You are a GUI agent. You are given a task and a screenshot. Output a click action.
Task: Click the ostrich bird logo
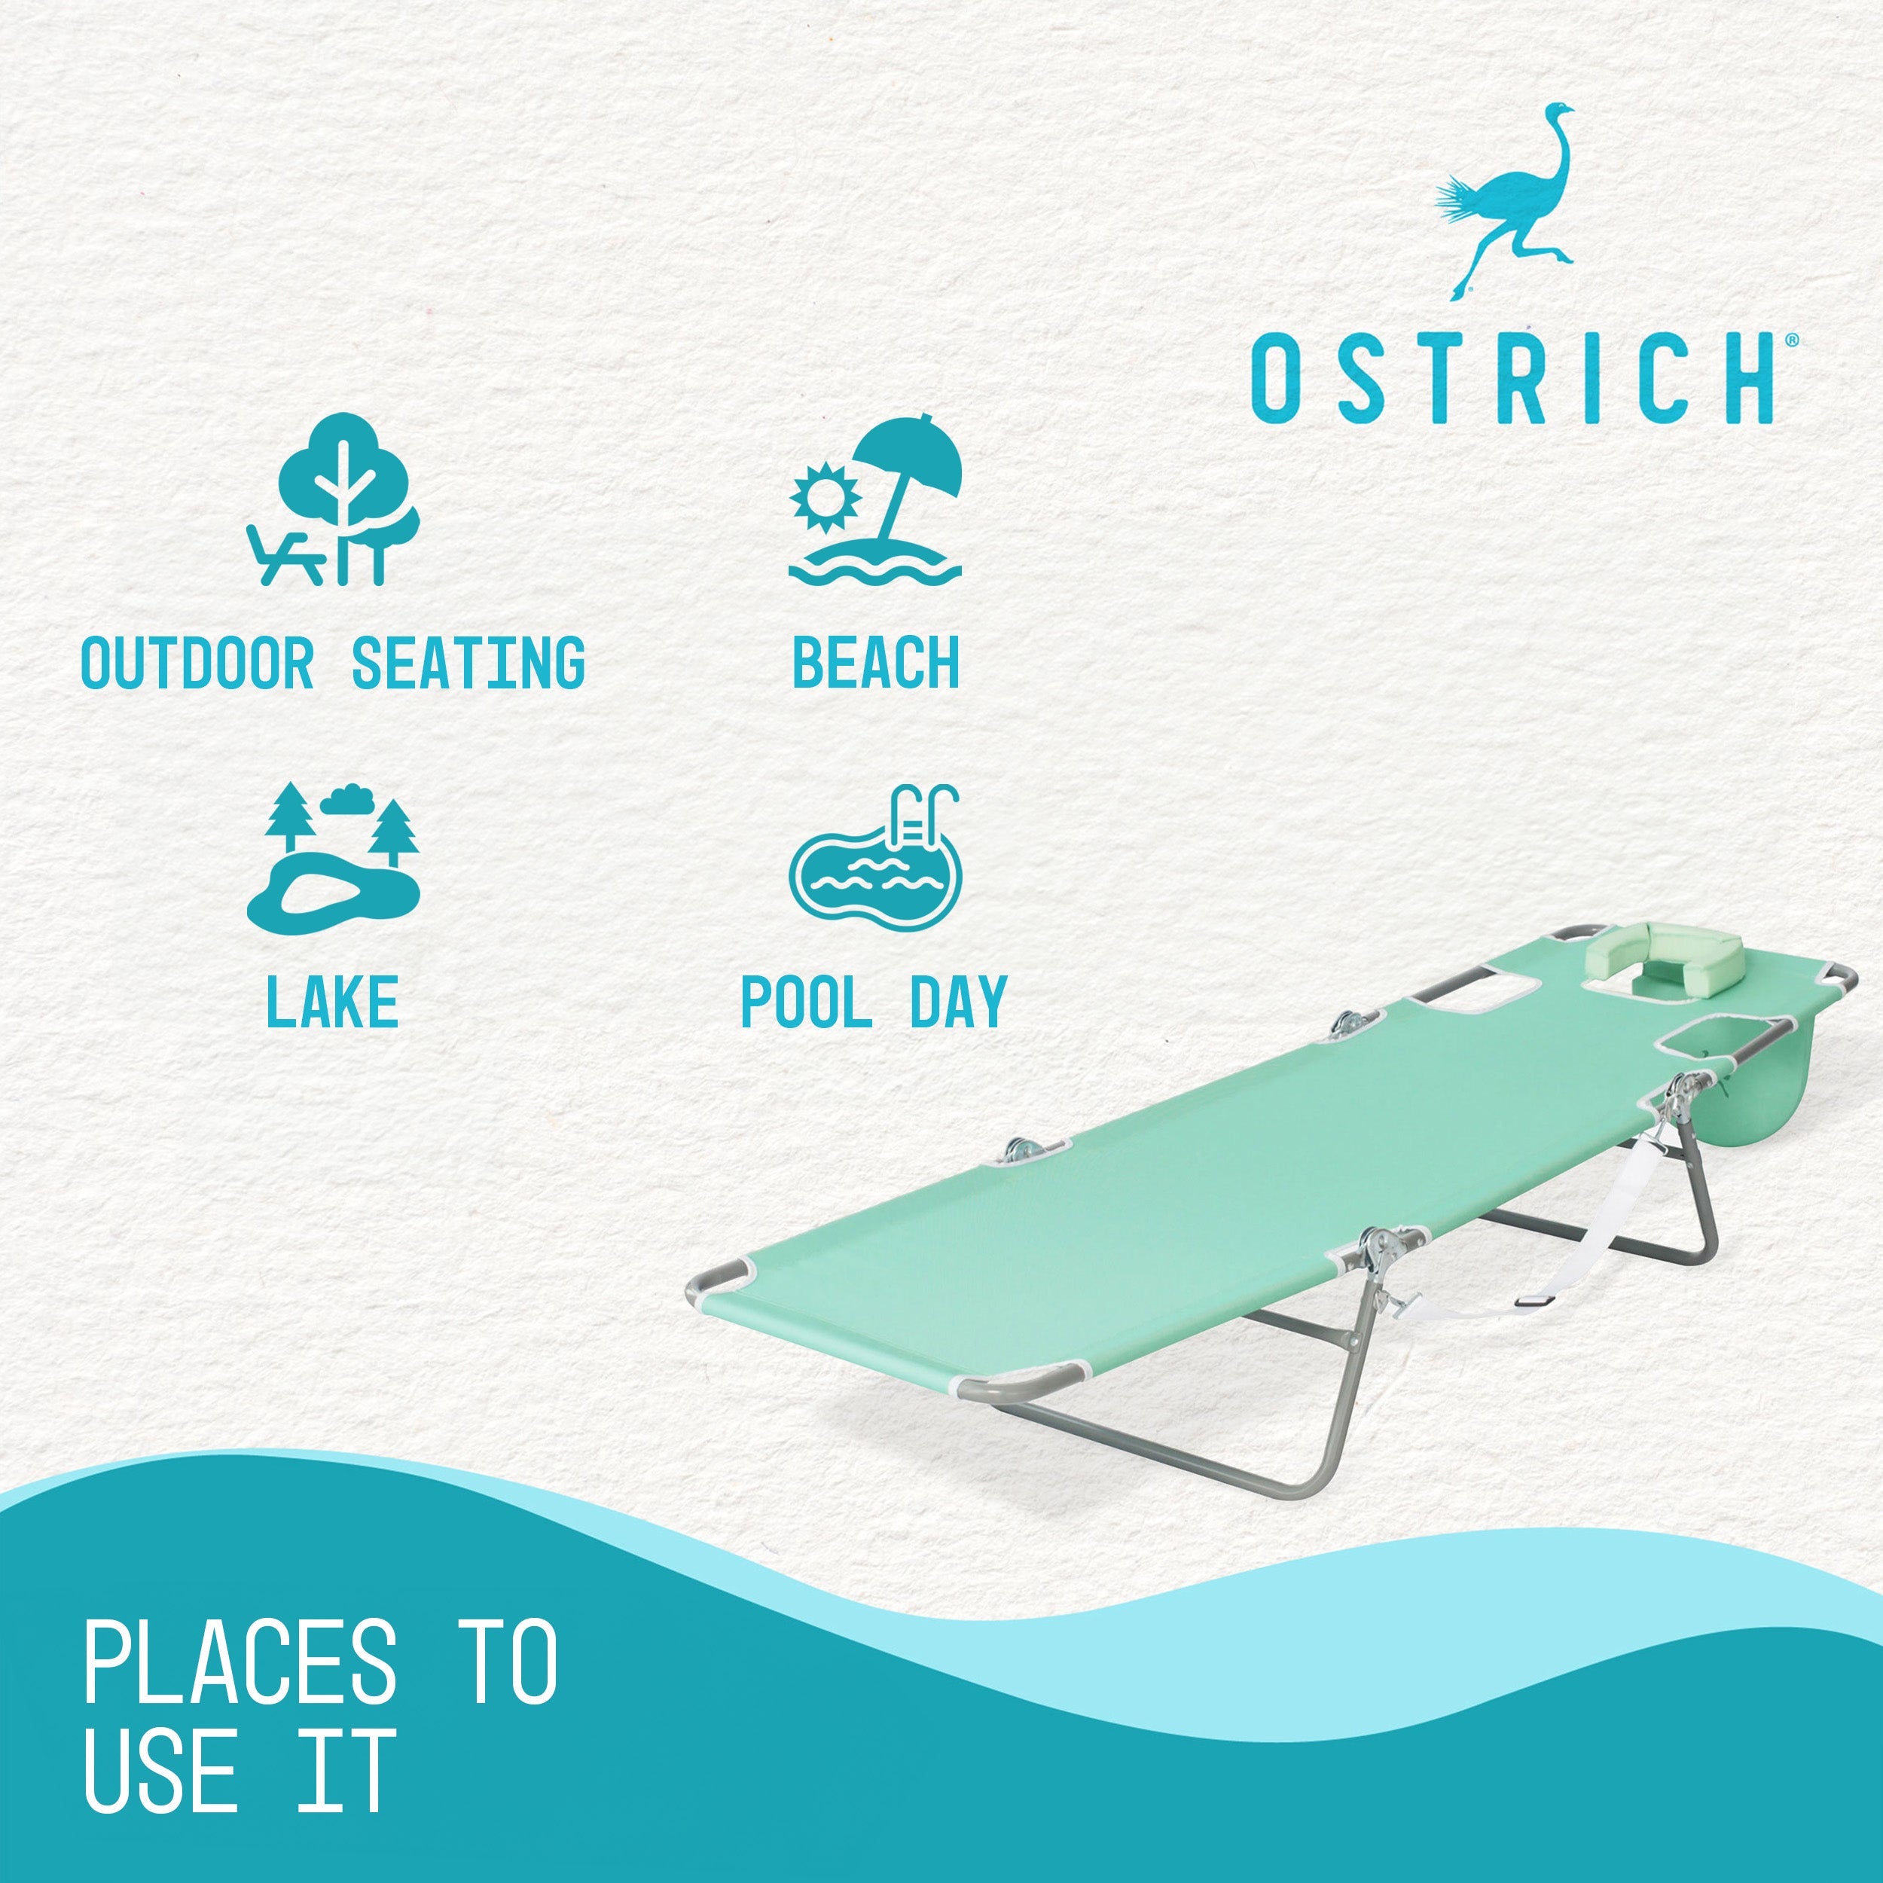pyautogui.click(x=1506, y=200)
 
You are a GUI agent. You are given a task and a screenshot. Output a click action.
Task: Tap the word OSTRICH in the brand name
pyautogui.click(x=1512, y=377)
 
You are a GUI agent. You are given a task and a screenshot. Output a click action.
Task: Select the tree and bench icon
pyautogui.click(x=334, y=499)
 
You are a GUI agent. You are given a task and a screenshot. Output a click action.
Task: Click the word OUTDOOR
pyautogui.click(x=197, y=663)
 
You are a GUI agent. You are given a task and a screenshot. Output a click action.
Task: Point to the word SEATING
pyautogui.click(x=468, y=663)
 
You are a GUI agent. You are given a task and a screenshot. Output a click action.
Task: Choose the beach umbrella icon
pyautogui.click(x=875, y=499)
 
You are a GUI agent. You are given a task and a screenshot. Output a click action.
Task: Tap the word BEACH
pyautogui.click(x=875, y=663)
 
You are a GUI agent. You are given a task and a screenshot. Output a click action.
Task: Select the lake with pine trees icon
pyautogui.click(x=334, y=854)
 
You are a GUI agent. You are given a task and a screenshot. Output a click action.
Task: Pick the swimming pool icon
pyautogui.click(x=875, y=856)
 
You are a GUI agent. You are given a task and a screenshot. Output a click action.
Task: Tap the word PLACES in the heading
pyautogui.click(x=240, y=1662)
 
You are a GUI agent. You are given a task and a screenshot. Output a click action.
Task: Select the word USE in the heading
pyautogui.click(x=161, y=1770)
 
